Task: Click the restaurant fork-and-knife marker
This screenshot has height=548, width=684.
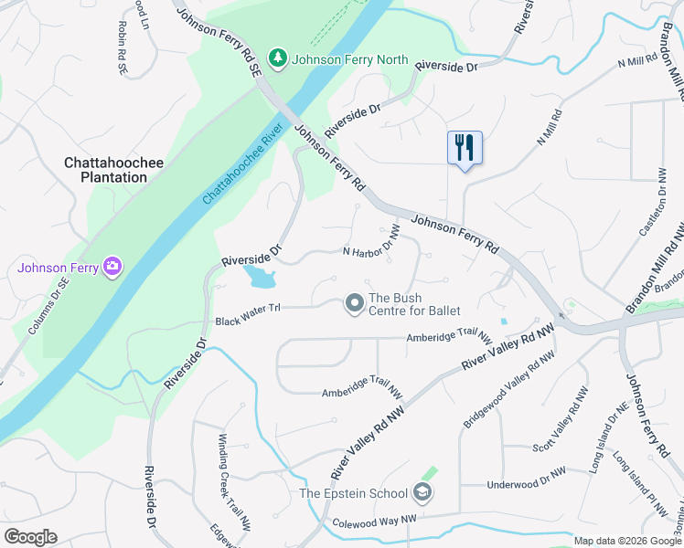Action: [x=465, y=147]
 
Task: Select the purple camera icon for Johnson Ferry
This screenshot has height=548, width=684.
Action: [x=112, y=267]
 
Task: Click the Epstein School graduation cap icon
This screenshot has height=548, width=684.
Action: [x=422, y=493]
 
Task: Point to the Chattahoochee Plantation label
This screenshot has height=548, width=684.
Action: [x=113, y=170]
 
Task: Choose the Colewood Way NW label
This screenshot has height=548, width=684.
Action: [x=374, y=519]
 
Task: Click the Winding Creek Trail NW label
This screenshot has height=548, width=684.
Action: [x=233, y=492]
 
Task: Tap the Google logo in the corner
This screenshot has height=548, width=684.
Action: [x=30, y=537]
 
